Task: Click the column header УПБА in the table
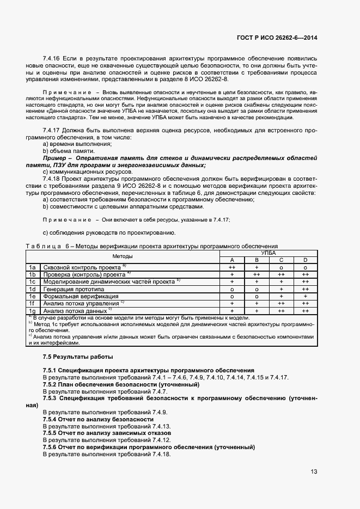pos(268,253)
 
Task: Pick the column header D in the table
pos(305,260)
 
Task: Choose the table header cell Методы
pos(123,256)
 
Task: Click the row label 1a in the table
pos(32,268)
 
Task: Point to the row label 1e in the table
pos(32,296)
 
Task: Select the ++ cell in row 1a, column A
pos(232,268)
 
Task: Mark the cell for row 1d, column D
pos(305,289)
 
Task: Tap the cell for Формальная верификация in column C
pos(281,296)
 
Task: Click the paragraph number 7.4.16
pos(53,58)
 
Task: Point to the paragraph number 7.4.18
pos(53,179)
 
